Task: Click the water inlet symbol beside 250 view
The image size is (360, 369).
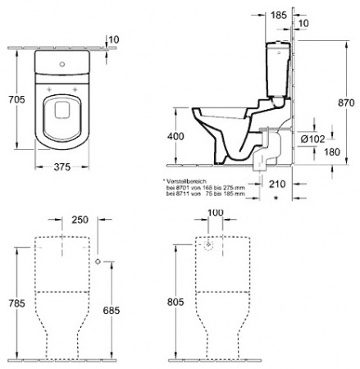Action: click(x=98, y=262)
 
